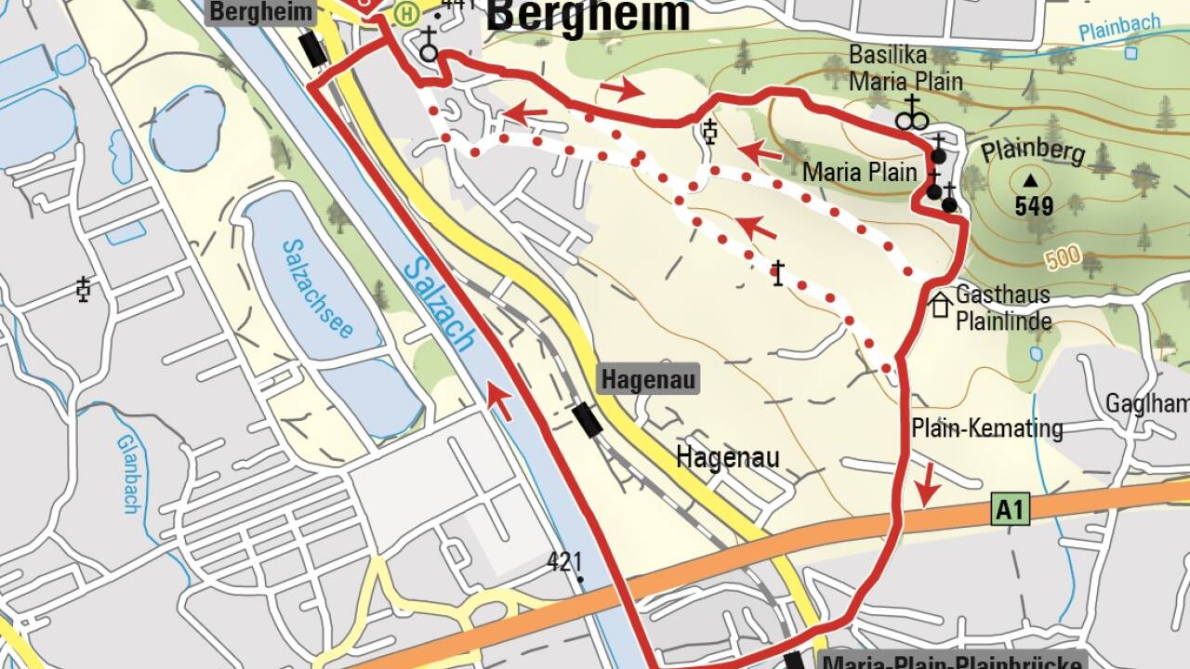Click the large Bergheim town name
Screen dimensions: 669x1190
pyautogui.click(x=588, y=17)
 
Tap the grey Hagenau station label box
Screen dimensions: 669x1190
pyautogui.click(x=647, y=380)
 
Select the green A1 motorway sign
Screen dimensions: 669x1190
pyautogui.click(x=1011, y=509)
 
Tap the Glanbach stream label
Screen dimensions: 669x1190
pyautogui.click(x=128, y=474)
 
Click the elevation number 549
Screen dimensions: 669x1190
pyautogui.click(x=1034, y=206)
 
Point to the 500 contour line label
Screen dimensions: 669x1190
pyautogui.click(x=1063, y=257)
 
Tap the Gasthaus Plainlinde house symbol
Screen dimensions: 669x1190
pyautogui.click(x=941, y=305)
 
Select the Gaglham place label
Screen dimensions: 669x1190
pyautogui.click(x=1146, y=403)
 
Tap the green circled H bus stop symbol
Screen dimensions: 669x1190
pyautogui.click(x=406, y=14)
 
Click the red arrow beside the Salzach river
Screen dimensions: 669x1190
pyautogui.click(x=499, y=401)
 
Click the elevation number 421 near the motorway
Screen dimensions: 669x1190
pyautogui.click(x=564, y=561)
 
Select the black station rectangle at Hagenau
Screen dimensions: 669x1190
pyautogui.click(x=587, y=420)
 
